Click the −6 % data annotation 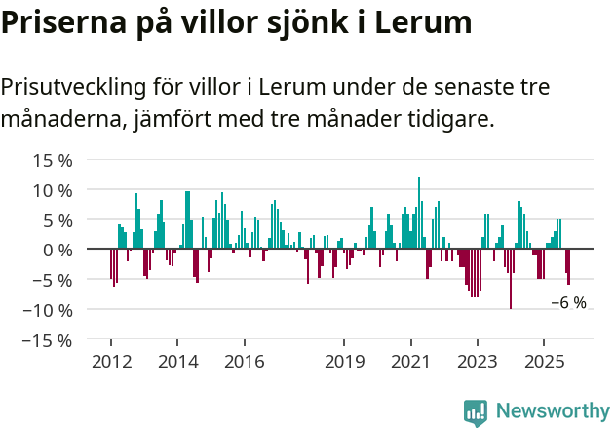(568, 303)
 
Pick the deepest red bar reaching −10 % (511, 280)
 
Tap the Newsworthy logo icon (476, 412)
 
